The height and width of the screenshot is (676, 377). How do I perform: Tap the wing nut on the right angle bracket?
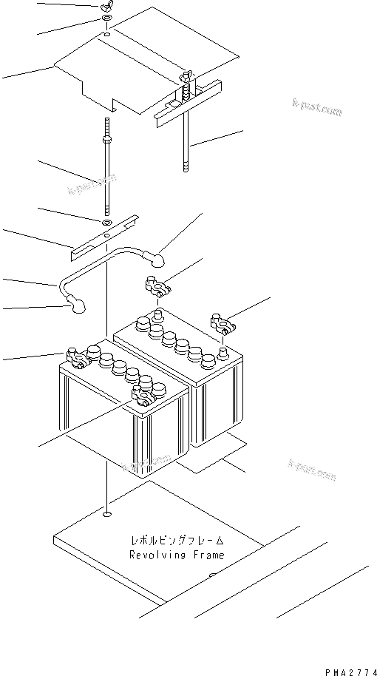point(185,75)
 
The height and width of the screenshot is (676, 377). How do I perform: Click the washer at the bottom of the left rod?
point(107,222)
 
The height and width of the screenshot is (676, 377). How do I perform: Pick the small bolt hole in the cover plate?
point(107,35)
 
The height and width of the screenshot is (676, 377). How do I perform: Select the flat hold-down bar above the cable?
point(103,239)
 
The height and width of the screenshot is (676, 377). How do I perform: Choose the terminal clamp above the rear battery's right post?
point(223,322)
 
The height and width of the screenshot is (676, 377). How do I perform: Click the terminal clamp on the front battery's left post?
point(77,358)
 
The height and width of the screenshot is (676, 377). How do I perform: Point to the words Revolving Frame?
point(176,555)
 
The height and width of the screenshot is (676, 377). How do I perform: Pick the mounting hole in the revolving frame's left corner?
point(108,514)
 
